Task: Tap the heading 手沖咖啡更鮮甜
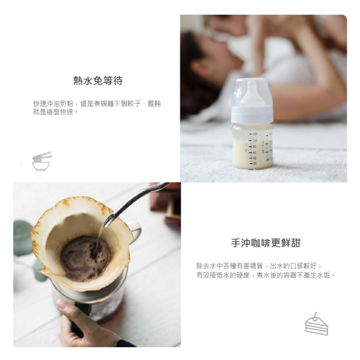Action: (265, 243)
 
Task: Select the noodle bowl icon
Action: (41, 162)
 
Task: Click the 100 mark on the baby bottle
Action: (255, 140)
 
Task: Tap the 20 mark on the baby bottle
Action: (255, 164)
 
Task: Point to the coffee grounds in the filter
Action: (85, 257)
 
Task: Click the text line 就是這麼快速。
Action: (55, 112)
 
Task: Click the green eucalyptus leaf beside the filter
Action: (22, 238)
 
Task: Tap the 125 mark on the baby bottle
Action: (255, 134)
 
